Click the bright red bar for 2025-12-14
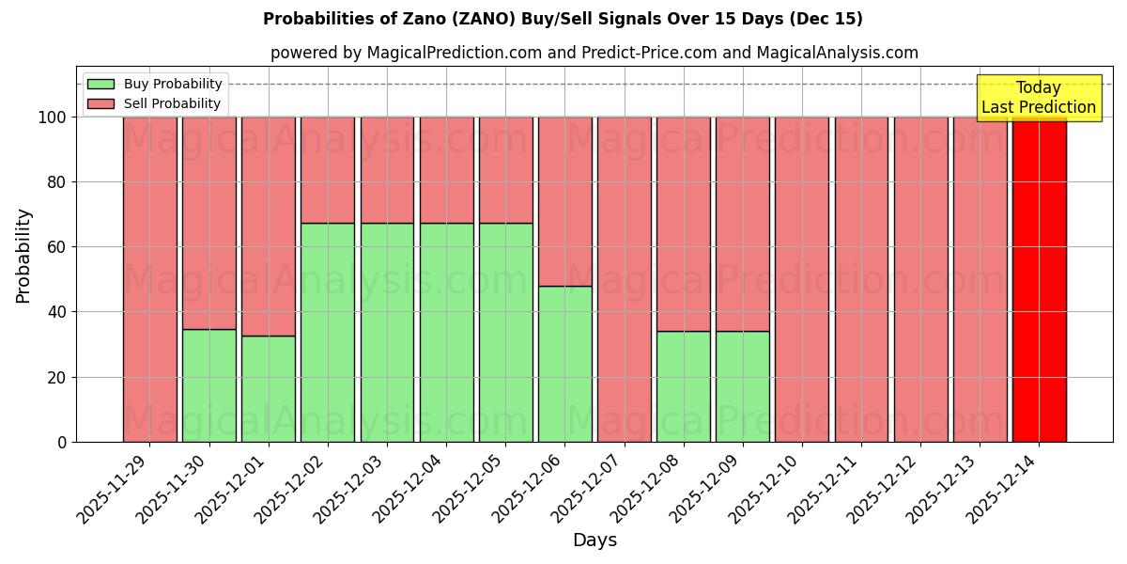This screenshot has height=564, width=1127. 1039,279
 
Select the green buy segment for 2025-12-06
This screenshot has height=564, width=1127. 565,364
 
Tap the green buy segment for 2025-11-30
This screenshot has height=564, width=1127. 209,385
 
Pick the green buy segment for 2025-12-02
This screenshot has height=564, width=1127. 328,332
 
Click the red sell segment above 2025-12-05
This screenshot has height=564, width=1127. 505,170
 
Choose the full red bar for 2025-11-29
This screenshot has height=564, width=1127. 150,279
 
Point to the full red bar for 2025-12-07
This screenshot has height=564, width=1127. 625,279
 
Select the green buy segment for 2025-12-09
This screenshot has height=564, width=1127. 743,386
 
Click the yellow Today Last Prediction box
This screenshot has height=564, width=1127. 1038,98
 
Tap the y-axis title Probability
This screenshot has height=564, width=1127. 23,256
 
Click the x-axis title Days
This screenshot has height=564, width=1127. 594,540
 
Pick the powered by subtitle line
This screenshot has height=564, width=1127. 594,53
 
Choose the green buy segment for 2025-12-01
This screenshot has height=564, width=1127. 269,388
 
